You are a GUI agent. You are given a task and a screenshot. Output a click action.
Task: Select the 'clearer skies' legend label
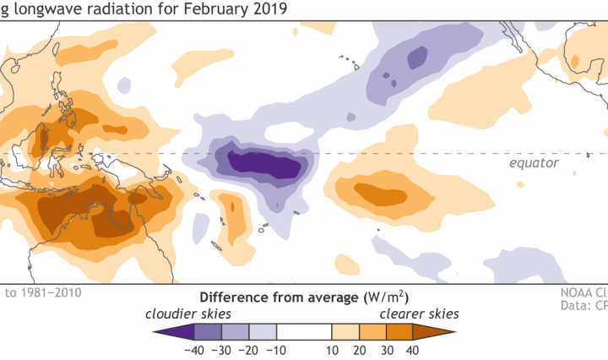tap(417, 314)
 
